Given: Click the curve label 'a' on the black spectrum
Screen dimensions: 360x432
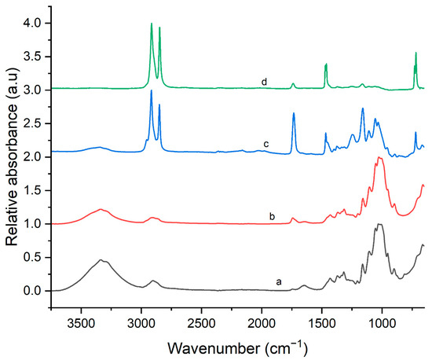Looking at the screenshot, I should coord(276,281).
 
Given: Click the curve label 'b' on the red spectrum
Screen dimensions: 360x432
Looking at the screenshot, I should coord(271,215).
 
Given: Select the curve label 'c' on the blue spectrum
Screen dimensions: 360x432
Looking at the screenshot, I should coord(266,144).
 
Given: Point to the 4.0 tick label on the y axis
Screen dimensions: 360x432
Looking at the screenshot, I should coord(35,24).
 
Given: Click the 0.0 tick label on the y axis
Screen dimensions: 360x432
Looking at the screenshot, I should coord(35,291).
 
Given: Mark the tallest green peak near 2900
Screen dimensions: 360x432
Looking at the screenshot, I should coord(152,24).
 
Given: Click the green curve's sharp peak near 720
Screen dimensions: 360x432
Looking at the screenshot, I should coord(416,53).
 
